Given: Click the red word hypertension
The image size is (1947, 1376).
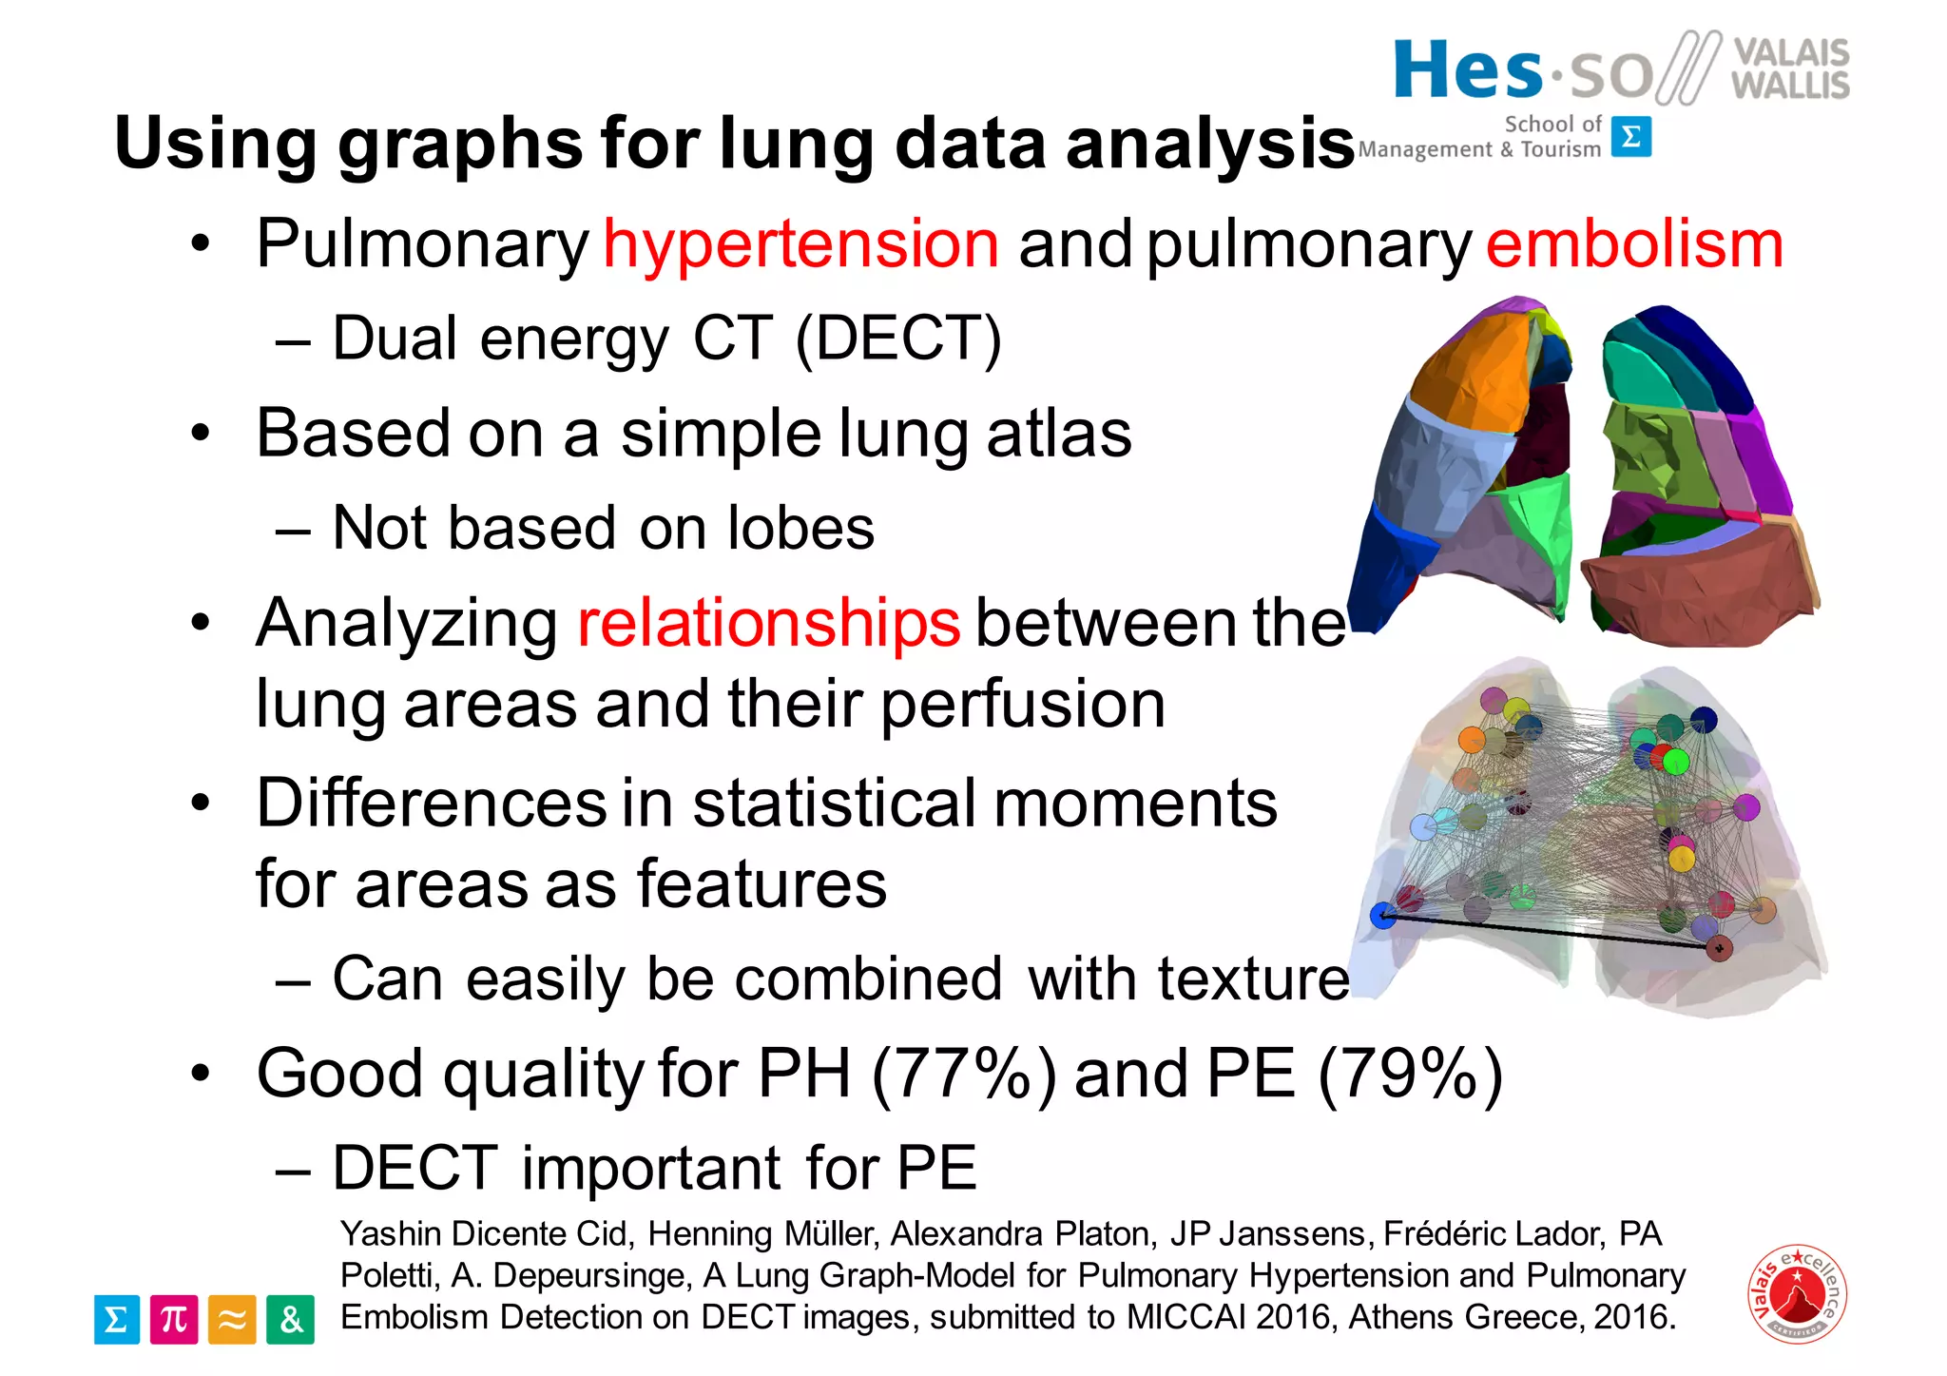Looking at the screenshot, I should [x=800, y=244].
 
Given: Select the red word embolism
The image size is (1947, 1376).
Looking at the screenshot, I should [x=1634, y=244].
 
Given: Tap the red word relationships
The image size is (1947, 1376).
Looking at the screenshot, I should [x=768, y=624].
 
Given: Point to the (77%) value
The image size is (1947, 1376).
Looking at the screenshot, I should [x=963, y=1075].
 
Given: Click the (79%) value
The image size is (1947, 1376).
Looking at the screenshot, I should [x=1410, y=1075].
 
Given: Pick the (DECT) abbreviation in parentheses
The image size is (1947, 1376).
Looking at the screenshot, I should [x=898, y=339].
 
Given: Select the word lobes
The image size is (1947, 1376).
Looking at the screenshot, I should [x=800, y=529].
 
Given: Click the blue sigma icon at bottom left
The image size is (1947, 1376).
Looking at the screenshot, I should [x=117, y=1319].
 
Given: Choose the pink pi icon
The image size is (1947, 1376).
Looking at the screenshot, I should [x=174, y=1319].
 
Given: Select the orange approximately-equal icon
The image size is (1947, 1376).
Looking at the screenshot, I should [x=232, y=1319].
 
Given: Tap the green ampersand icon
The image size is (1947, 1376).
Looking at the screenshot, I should [x=290, y=1319].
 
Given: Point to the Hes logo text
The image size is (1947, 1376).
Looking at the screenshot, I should [x=1468, y=71].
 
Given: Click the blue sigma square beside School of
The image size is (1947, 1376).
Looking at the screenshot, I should [x=1631, y=137].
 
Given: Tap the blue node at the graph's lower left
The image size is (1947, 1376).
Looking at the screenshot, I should [x=1382, y=916].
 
